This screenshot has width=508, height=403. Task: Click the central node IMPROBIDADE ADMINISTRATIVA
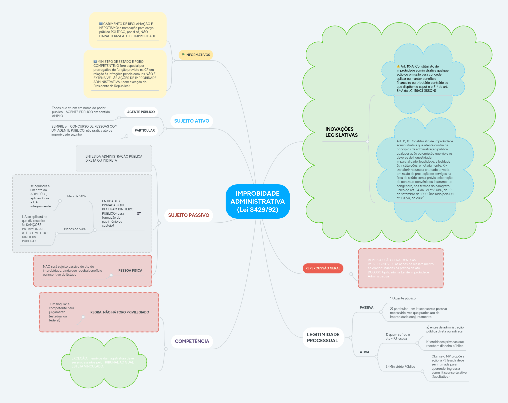tap(258, 201)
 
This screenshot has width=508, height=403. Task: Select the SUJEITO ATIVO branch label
tap(192, 121)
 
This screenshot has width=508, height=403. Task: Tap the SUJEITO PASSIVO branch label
tap(189, 215)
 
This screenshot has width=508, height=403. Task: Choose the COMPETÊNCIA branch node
tap(192, 341)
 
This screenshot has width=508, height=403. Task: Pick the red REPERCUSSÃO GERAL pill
tap(323, 268)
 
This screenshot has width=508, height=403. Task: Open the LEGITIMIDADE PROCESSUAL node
tap(323, 338)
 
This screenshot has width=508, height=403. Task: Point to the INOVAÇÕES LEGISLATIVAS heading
tap(341, 132)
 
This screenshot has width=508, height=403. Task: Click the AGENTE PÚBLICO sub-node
tap(141, 112)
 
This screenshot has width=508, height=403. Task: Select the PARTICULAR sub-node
tap(145, 131)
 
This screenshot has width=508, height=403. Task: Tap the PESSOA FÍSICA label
tap(130, 271)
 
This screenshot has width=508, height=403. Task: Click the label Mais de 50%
tap(76, 196)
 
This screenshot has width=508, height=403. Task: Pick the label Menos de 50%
tap(75, 229)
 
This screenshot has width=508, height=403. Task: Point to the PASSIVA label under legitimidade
tap(366, 308)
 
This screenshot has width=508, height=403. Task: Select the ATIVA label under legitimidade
tap(364, 352)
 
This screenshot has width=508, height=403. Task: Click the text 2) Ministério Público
tap(400, 367)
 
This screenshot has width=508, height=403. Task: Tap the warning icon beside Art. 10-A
tap(398, 67)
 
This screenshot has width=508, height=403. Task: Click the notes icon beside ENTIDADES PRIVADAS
tap(139, 213)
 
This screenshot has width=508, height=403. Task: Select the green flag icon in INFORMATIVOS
tap(183, 55)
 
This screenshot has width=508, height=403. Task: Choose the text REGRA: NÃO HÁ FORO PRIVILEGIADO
tap(120, 312)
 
